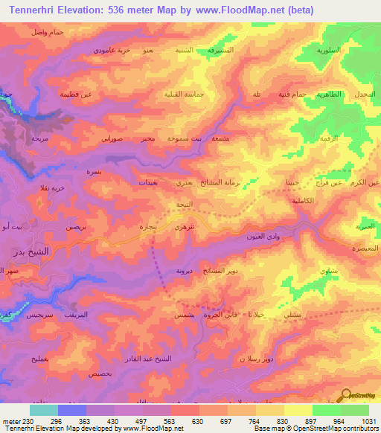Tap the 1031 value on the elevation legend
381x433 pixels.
tap(369, 420)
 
